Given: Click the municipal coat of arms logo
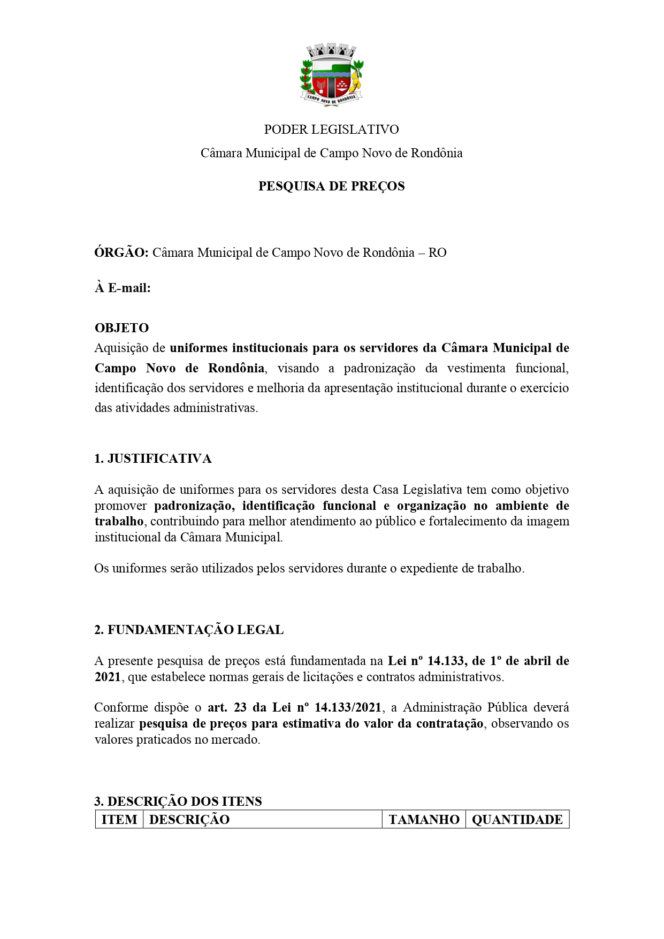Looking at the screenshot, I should pyautogui.click(x=332, y=77).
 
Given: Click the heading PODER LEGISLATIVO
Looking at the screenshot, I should pyautogui.click(x=331, y=129).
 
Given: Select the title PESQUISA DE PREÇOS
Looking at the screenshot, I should pyautogui.click(x=331, y=186).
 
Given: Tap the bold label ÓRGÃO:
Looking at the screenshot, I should pyautogui.click(x=121, y=253).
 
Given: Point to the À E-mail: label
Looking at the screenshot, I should pyautogui.click(x=123, y=288).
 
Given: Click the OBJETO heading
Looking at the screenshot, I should pyautogui.click(x=121, y=327).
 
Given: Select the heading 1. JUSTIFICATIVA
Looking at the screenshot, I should pyautogui.click(x=153, y=459).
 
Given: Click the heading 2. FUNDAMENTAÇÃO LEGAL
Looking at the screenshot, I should pyautogui.click(x=189, y=630).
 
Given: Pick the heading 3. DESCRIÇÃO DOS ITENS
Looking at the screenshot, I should pyautogui.click(x=178, y=801).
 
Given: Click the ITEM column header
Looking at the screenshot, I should pyautogui.click(x=119, y=820).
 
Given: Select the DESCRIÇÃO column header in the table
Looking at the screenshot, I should pyautogui.click(x=189, y=820).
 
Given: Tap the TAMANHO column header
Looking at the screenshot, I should pyautogui.click(x=424, y=820).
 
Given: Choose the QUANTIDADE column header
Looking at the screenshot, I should pyautogui.click(x=517, y=820).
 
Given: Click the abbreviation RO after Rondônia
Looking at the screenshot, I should pyautogui.click(x=437, y=253).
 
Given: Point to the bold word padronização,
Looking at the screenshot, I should pyautogui.click(x=193, y=506).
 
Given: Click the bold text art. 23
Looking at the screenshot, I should pyautogui.click(x=227, y=707).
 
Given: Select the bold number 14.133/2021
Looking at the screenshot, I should pyautogui.click(x=348, y=707).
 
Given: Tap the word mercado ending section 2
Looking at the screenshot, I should pyautogui.click(x=236, y=740).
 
